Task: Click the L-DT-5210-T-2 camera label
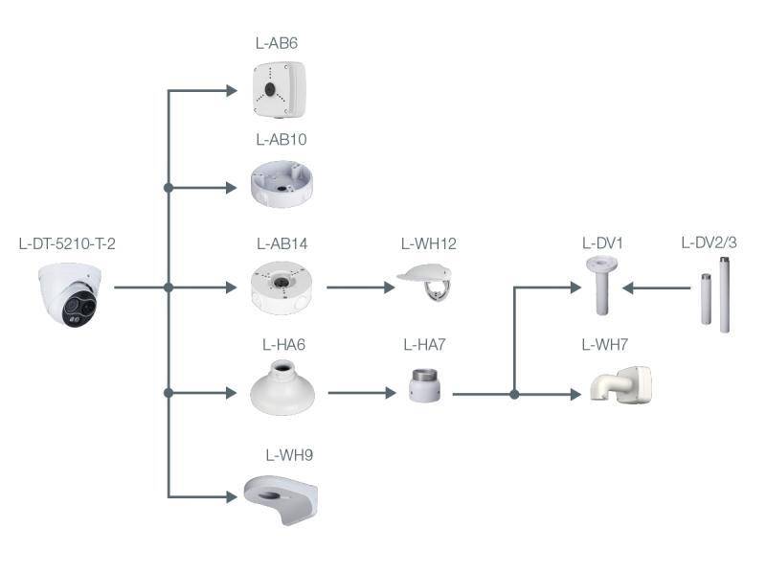(67, 243)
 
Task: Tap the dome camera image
(69, 292)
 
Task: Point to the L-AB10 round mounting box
(281, 185)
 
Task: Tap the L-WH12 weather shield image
(427, 284)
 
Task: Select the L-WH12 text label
(428, 243)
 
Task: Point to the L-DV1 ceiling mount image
(600, 285)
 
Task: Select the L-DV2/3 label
(710, 243)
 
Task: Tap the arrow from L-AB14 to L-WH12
(361, 287)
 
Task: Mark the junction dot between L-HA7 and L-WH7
(515, 394)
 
